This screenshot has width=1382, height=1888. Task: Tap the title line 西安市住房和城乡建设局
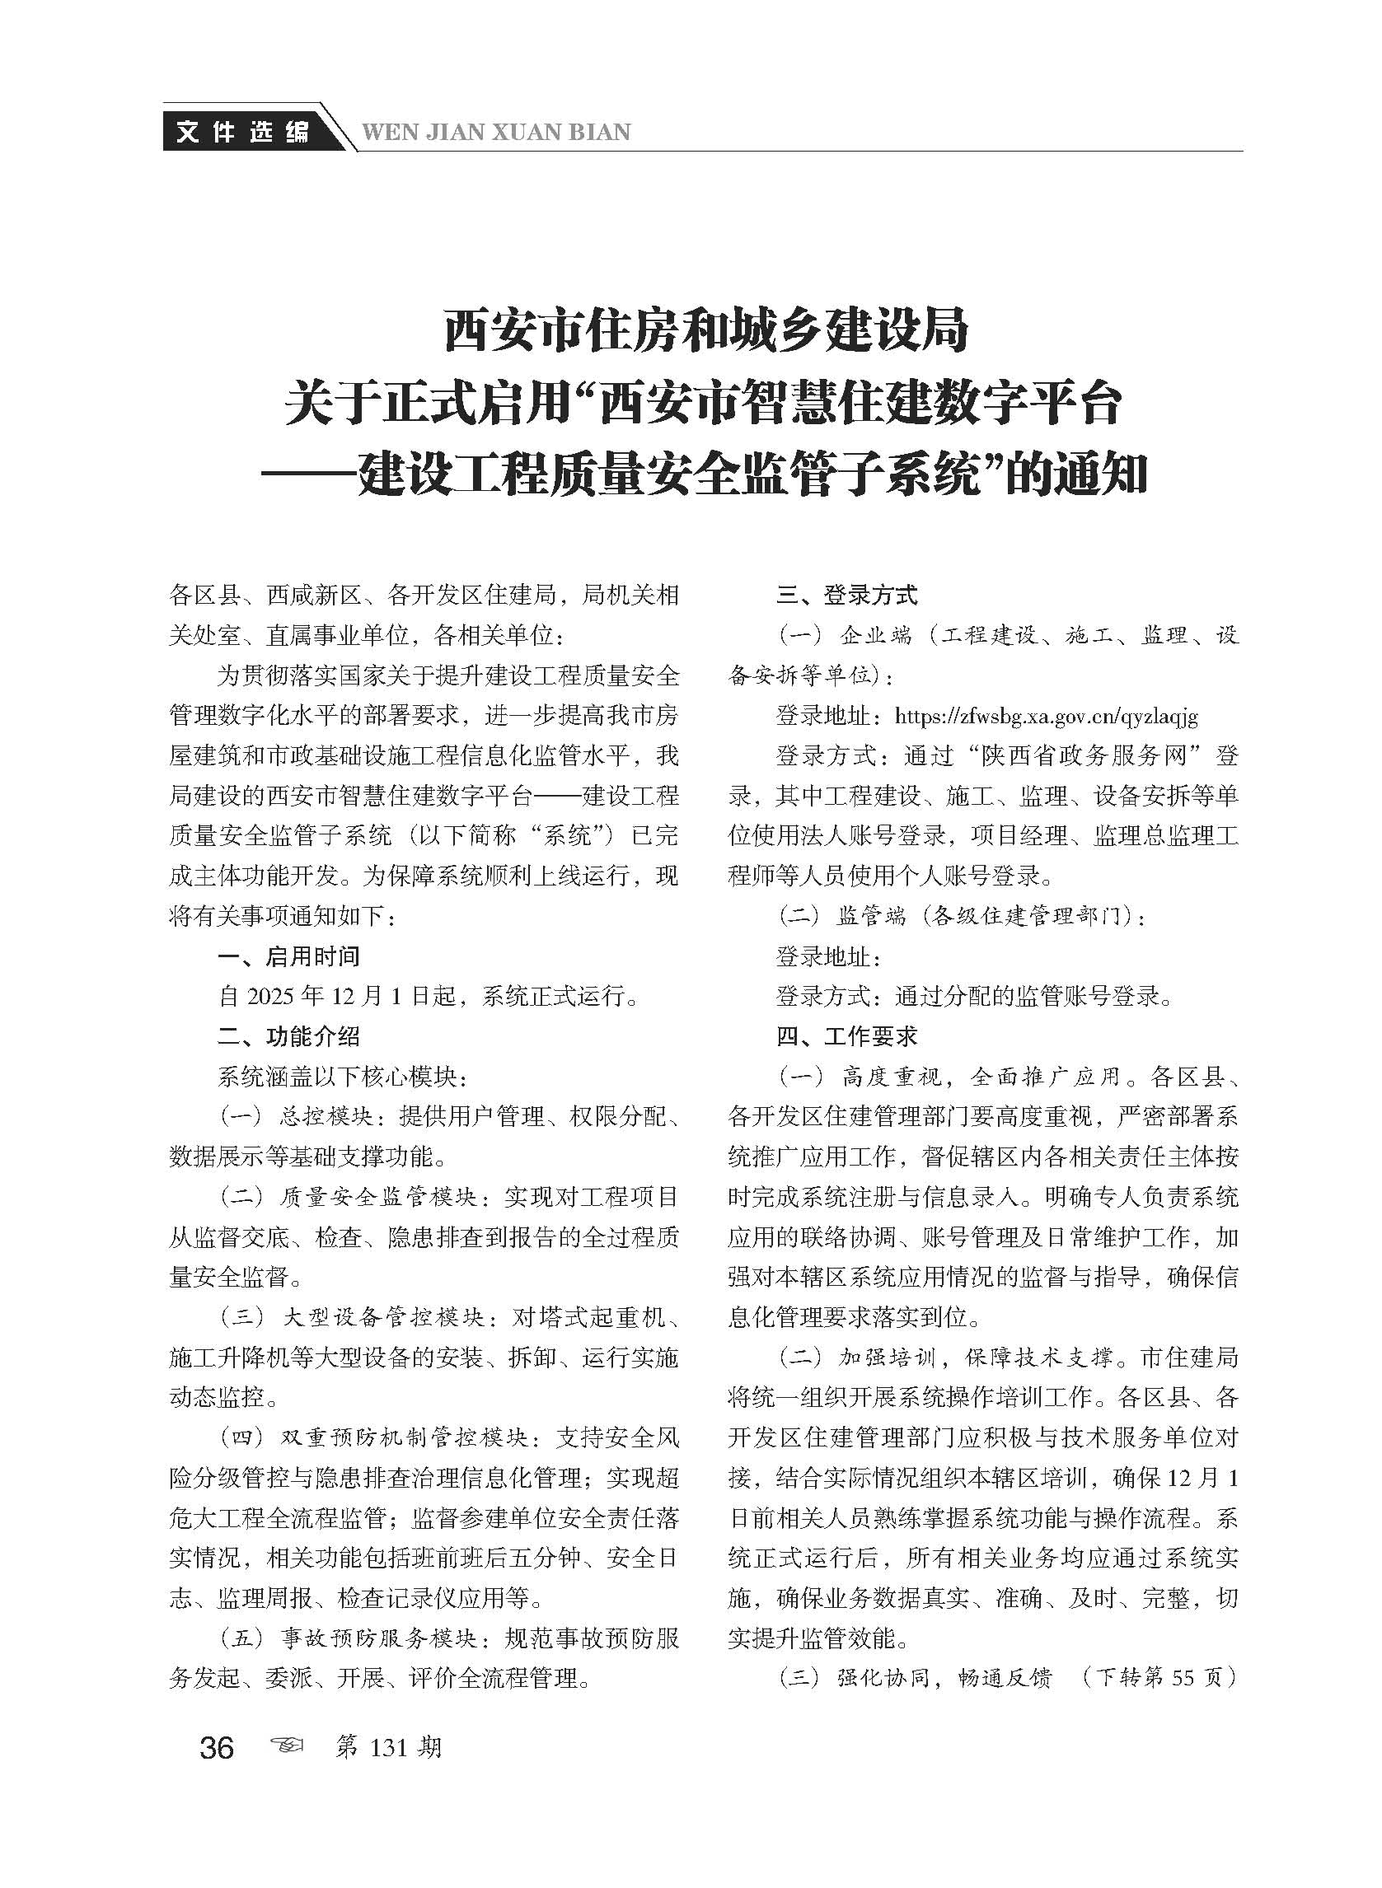[705, 329]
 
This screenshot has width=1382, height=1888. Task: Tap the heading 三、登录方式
[846, 596]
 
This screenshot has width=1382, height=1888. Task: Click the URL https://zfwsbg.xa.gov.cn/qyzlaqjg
[1046, 716]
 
